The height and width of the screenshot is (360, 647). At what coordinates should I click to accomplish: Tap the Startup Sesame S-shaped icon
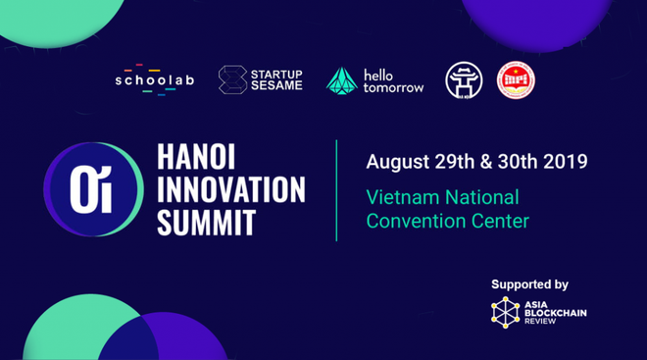pos(232,80)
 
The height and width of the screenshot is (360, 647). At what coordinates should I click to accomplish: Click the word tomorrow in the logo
pos(393,87)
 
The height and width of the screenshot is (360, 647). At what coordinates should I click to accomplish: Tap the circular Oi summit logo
pos(82,189)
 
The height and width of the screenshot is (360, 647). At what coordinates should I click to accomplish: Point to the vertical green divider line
pos(336,189)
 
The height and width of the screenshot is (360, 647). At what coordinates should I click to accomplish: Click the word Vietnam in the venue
pos(402,197)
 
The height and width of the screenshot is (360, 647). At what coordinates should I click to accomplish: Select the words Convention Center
pos(447,221)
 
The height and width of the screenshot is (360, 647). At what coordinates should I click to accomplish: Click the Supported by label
pos(529,284)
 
